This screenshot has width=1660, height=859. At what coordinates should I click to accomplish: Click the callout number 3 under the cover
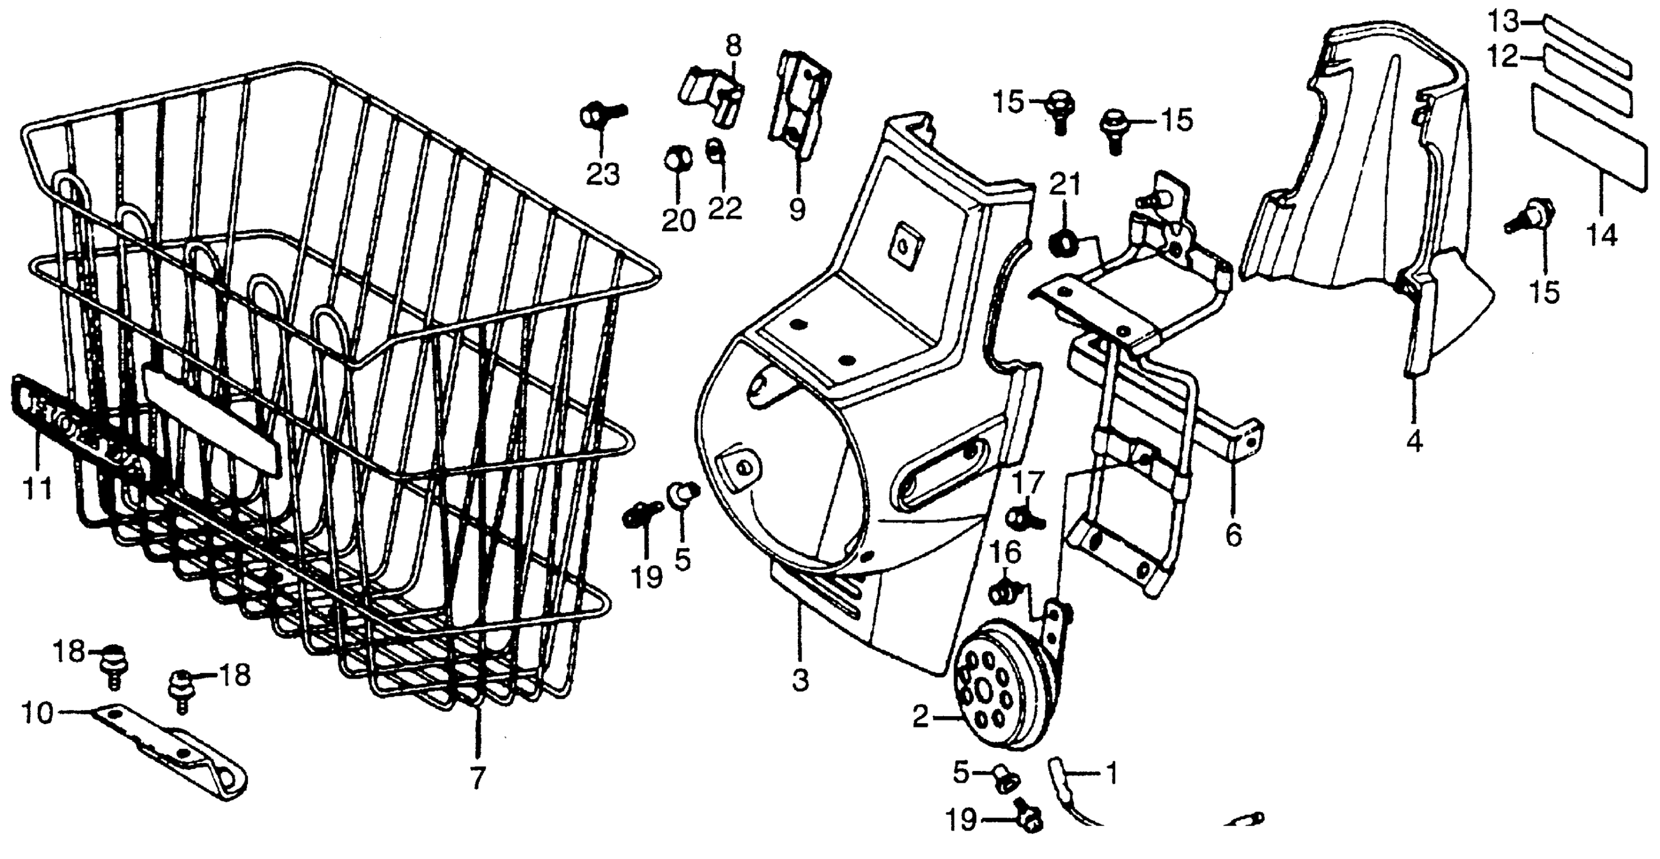pos(800,680)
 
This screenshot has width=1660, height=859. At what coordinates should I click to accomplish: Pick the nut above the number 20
pos(678,158)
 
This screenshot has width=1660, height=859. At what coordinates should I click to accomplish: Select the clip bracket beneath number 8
pos(710,97)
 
